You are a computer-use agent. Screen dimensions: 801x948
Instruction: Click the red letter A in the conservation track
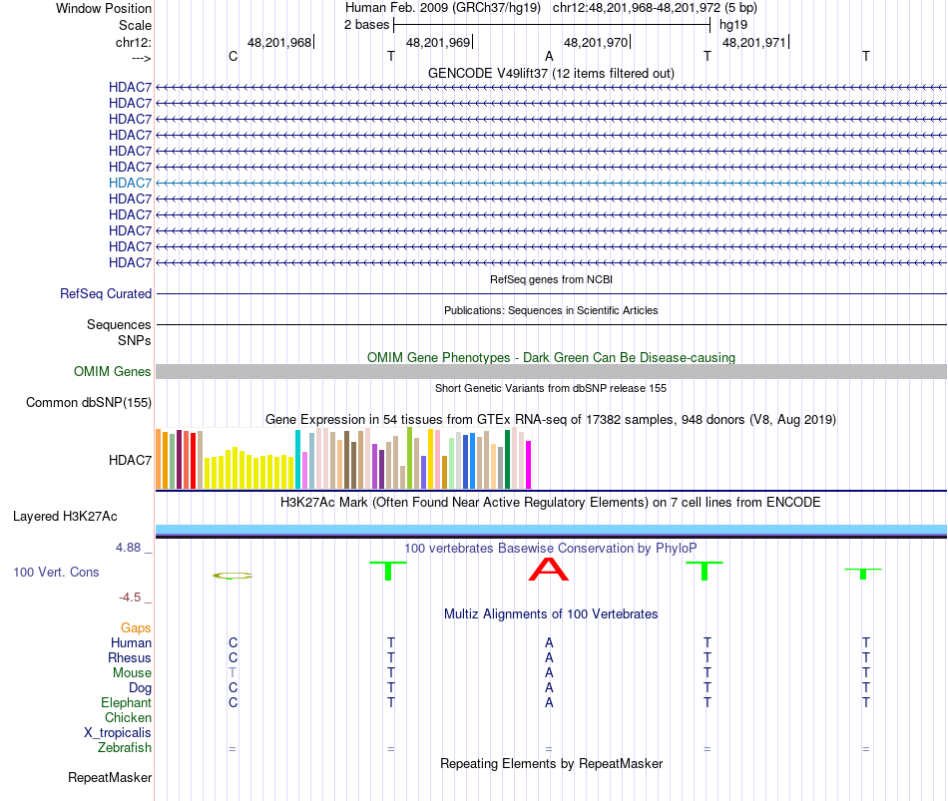coord(548,570)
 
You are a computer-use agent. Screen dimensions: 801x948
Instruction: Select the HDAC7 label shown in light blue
coord(131,183)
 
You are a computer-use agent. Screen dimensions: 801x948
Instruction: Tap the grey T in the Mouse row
coord(233,672)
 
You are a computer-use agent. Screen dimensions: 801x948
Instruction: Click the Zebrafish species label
coord(125,747)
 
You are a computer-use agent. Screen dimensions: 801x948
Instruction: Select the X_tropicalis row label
coord(118,732)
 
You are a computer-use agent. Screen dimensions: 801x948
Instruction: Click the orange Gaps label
coord(136,627)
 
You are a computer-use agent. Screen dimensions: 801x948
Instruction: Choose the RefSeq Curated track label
coord(106,293)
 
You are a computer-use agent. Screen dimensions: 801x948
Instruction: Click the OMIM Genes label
coord(113,371)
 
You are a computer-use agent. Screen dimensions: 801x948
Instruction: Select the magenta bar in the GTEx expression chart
coord(529,465)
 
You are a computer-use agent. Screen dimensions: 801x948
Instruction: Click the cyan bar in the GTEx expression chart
coord(297,460)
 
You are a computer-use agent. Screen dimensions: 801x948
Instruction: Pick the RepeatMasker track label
coord(110,777)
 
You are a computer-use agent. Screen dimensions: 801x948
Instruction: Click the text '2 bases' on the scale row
coord(366,24)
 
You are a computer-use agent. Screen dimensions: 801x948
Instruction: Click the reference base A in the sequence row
coord(549,56)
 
